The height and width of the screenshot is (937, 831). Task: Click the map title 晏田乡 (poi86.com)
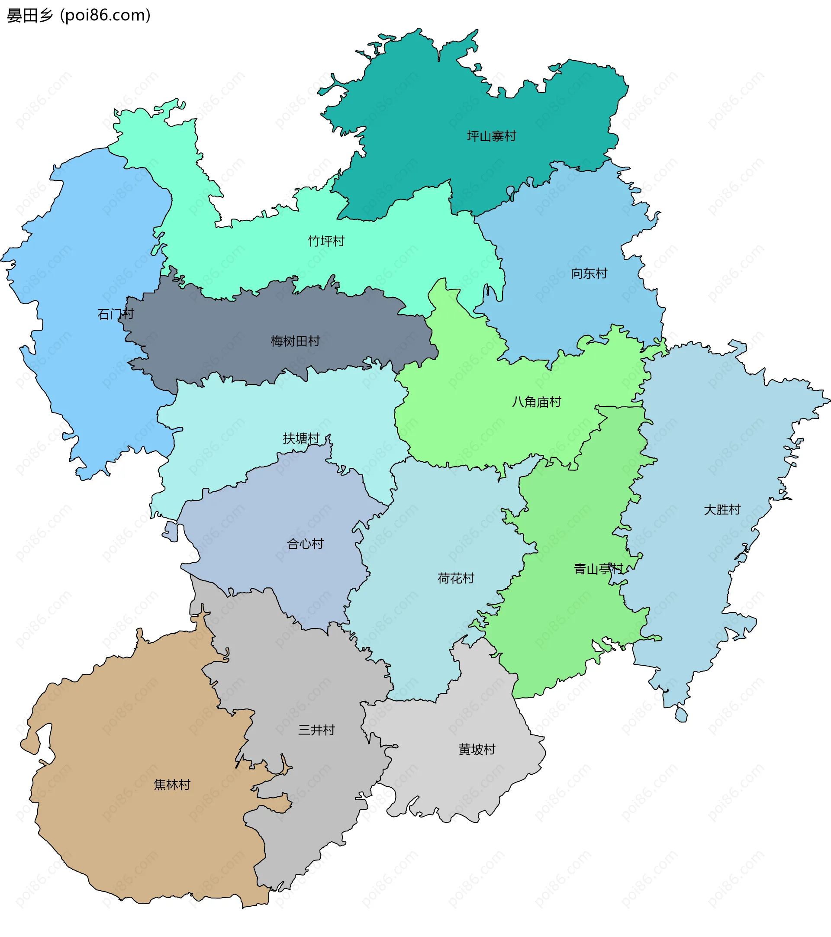pyautogui.click(x=78, y=16)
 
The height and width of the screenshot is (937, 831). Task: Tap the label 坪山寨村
pyautogui.click(x=491, y=136)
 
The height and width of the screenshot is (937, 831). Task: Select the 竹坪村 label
pyautogui.click(x=326, y=241)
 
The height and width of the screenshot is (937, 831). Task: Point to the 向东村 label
pyautogui.click(x=589, y=274)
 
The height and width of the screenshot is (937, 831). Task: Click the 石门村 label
pyautogui.click(x=116, y=315)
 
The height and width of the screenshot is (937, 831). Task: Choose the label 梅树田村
pyautogui.click(x=295, y=341)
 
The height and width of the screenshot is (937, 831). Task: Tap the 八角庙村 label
pyautogui.click(x=536, y=402)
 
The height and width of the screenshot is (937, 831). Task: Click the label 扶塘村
pyautogui.click(x=301, y=439)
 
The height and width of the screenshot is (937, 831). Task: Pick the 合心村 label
pyautogui.click(x=305, y=544)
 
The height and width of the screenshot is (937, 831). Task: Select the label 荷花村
pyautogui.click(x=455, y=579)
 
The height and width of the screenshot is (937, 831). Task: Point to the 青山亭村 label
pyautogui.click(x=598, y=570)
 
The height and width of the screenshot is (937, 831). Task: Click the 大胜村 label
pyautogui.click(x=722, y=510)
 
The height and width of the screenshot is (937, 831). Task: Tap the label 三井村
pyautogui.click(x=316, y=730)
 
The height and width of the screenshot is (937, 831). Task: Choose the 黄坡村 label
pyautogui.click(x=477, y=750)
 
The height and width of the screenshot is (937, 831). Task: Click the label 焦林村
pyautogui.click(x=172, y=785)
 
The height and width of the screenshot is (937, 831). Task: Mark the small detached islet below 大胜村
pyautogui.click(x=681, y=714)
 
